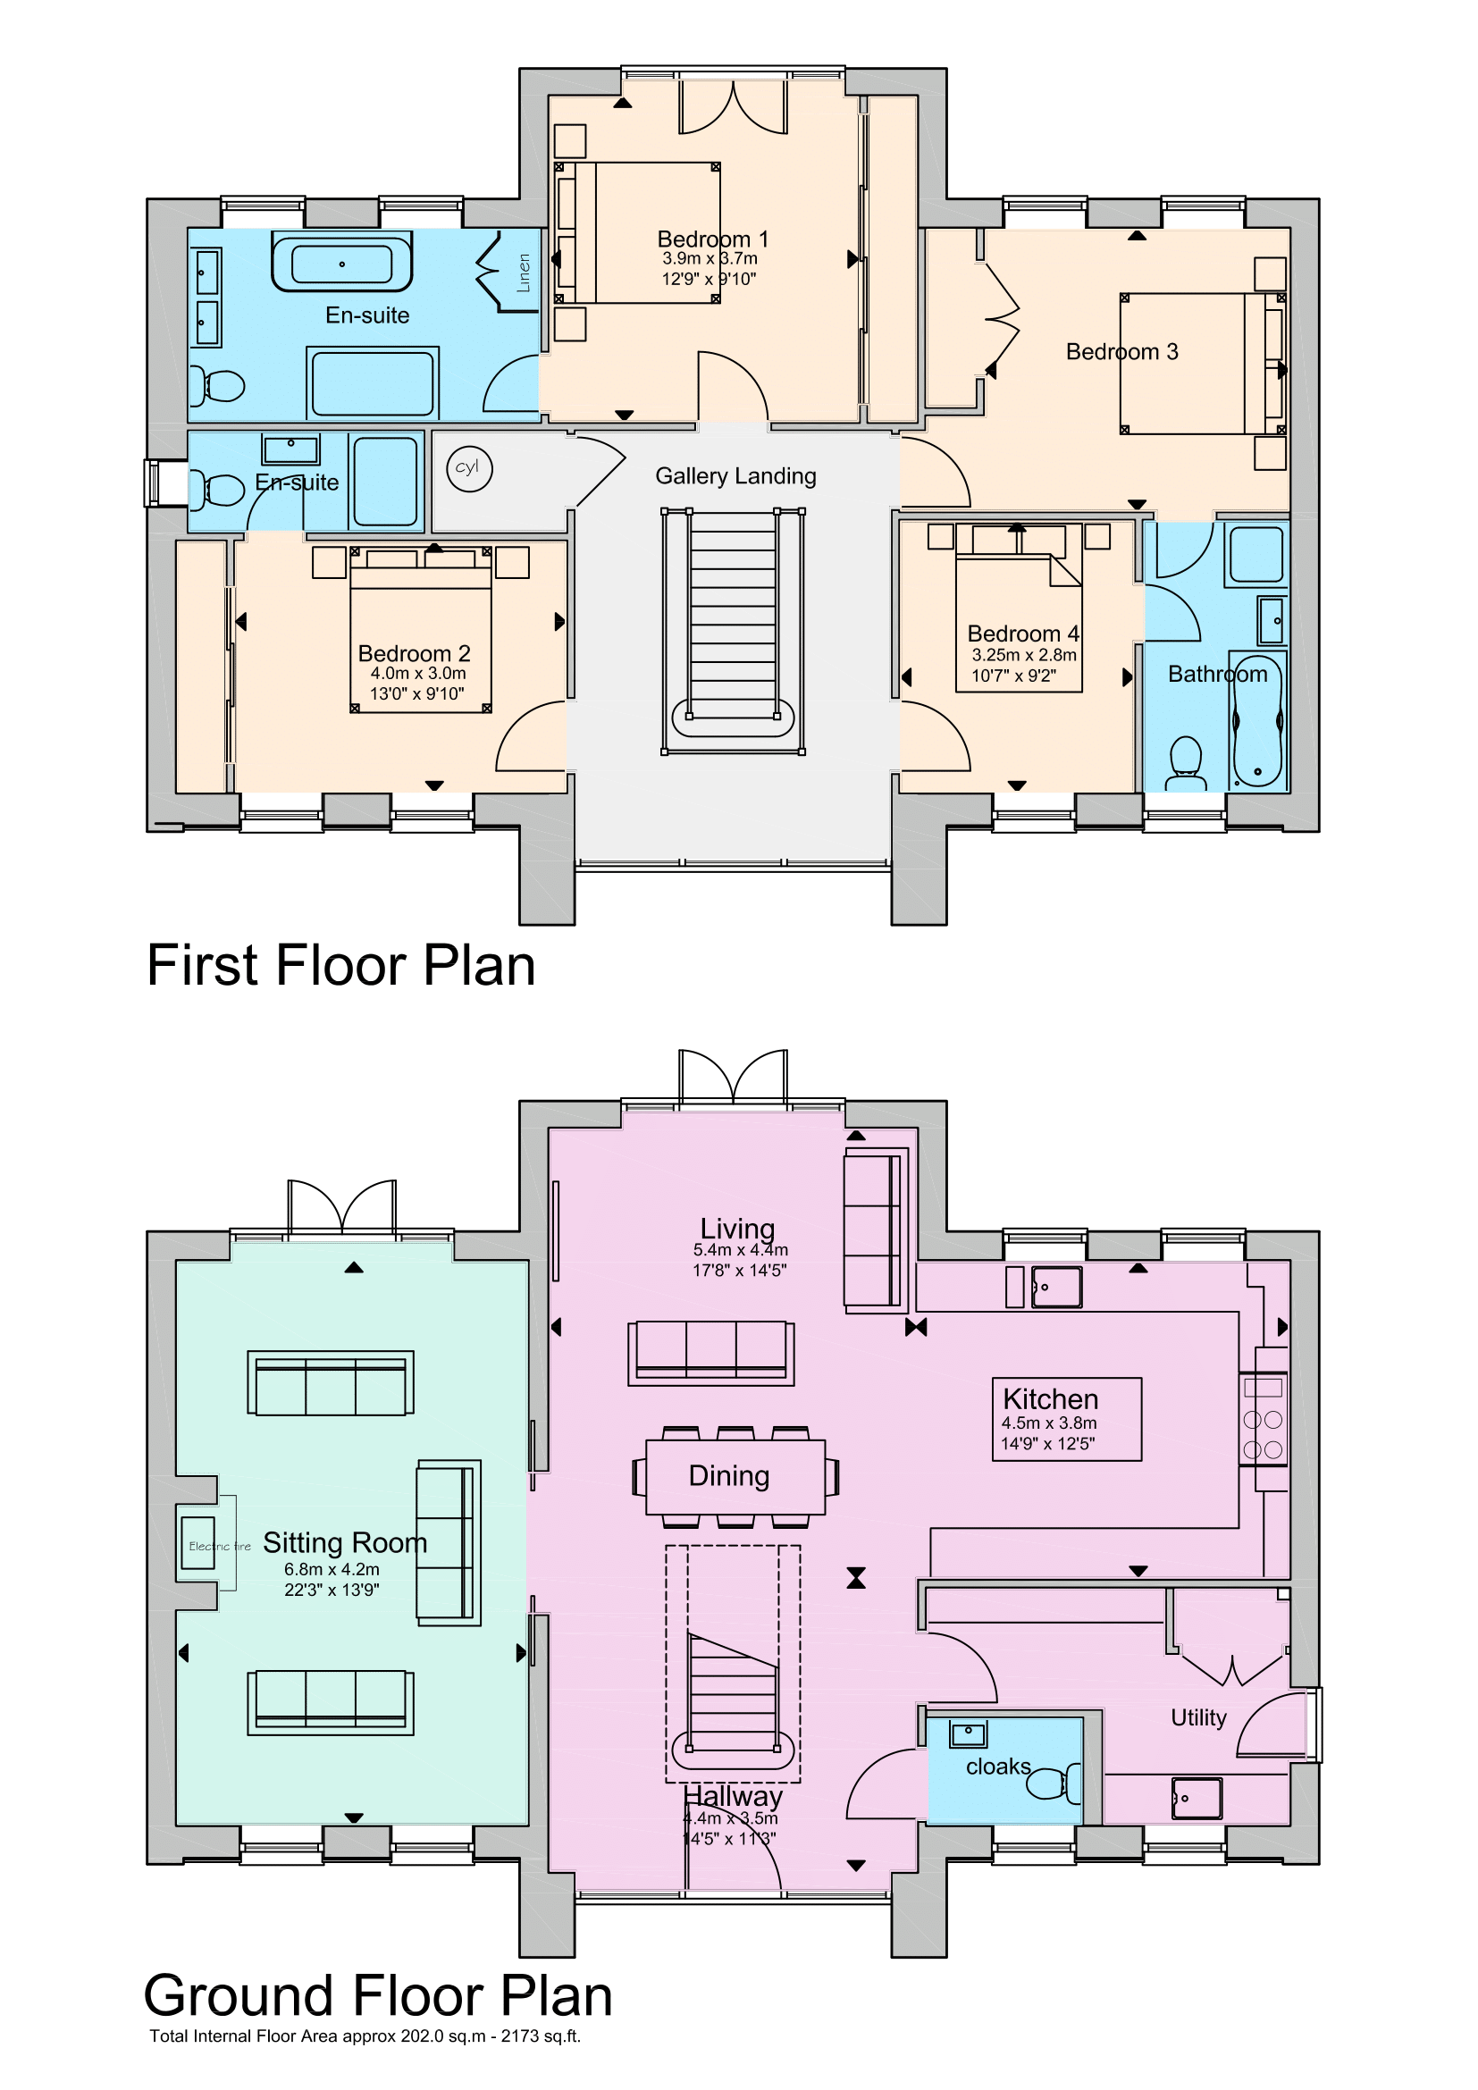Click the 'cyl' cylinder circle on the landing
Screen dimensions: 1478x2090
coord(470,469)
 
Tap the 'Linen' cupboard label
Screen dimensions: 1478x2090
coord(524,273)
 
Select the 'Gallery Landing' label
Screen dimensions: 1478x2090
coord(735,476)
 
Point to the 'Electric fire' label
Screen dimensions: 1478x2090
coord(219,1546)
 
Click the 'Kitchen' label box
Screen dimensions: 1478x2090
coord(1067,1419)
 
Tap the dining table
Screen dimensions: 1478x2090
coord(735,1476)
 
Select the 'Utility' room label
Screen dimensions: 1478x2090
coord(1198,1716)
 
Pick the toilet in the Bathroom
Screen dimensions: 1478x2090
coord(1186,763)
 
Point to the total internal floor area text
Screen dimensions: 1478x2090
coord(365,2035)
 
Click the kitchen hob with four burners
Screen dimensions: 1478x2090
coord(1264,1433)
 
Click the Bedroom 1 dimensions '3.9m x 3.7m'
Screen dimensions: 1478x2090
coord(710,258)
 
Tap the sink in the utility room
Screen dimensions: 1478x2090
coord(1197,1798)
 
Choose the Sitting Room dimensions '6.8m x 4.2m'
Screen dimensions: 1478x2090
coord(332,1568)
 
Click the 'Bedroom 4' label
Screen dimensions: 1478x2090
coord(1023,634)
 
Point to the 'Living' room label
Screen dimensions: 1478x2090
coord(737,1228)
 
